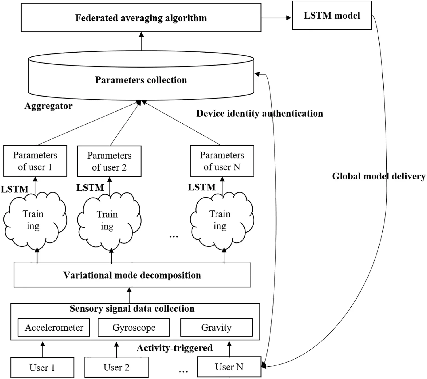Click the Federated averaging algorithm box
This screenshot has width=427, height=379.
141,18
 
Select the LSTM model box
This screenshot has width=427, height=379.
332,15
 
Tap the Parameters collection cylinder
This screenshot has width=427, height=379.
141,80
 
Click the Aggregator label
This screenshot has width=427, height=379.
48,106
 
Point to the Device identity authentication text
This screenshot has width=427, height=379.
260,114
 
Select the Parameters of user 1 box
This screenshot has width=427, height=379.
35,161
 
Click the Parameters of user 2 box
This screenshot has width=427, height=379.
109,161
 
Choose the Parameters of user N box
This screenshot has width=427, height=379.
222,161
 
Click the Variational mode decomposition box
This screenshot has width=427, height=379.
132,275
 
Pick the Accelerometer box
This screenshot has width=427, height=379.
54,327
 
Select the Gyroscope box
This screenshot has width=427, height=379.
134,327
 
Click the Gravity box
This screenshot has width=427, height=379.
216,327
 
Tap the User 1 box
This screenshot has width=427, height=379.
42,367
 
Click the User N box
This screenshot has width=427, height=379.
229,367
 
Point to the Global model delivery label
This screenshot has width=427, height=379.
378,176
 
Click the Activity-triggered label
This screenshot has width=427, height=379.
174,348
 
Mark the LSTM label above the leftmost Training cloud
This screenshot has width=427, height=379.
15,189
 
